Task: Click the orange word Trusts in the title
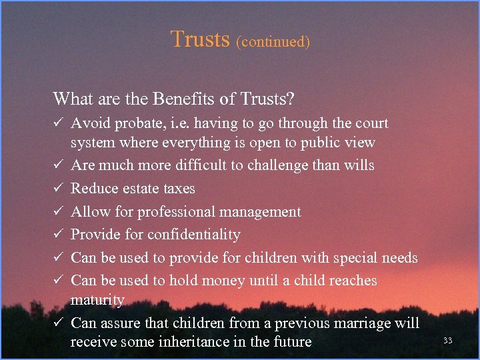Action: [x=200, y=39]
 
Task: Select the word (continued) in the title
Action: [x=273, y=41]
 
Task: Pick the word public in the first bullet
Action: [x=315, y=143]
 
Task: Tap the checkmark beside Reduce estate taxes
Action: [x=59, y=189]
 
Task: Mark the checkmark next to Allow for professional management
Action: [x=59, y=212]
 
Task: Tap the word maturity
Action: [x=97, y=301]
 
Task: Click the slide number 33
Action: [x=447, y=341]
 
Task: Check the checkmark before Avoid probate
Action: [x=59, y=123]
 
